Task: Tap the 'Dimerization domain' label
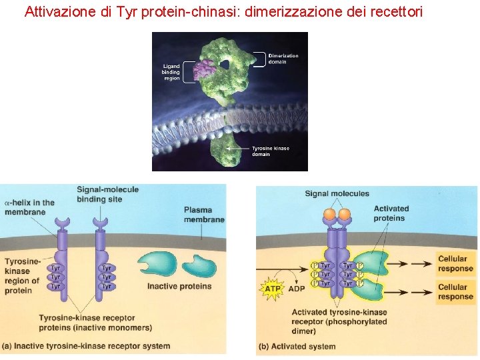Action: click(283, 59)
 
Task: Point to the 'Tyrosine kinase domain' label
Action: click(270, 151)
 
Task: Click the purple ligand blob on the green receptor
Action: click(203, 69)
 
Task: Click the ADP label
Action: click(297, 289)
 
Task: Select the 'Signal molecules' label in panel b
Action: click(337, 194)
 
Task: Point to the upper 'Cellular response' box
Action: click(455, 263)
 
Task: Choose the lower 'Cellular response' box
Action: click(455, 292)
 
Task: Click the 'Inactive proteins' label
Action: click(179, 287)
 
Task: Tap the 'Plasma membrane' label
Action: click(204, 215)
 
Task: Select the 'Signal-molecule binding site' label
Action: click(108, 194)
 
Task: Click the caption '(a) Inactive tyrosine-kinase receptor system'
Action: click(87, 346)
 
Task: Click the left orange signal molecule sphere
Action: click(329, 215)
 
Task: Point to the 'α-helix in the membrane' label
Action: click(29, 207)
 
